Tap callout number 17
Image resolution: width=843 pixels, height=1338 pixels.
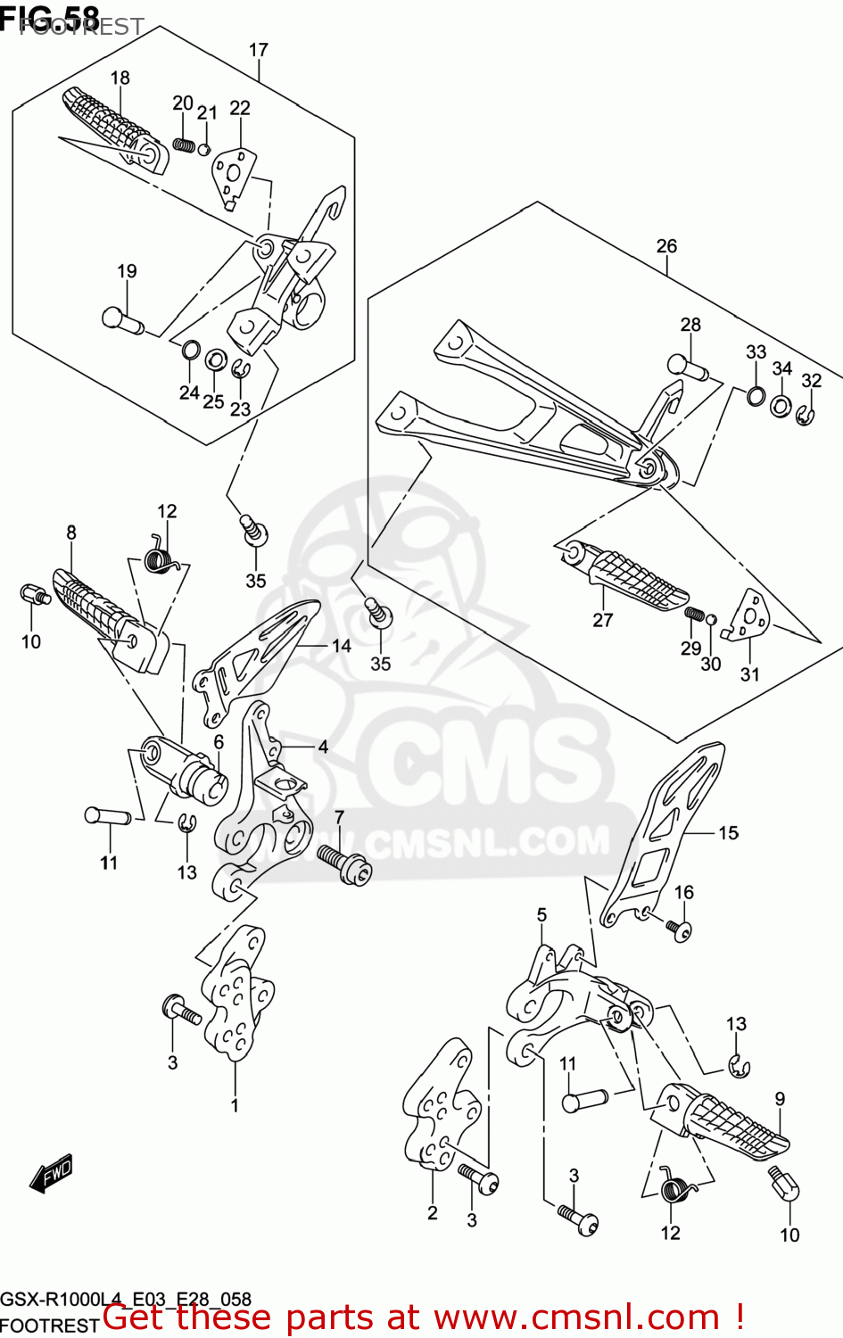[258, 50]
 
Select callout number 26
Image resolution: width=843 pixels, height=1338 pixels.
[666, 245]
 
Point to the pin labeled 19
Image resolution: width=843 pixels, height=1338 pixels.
[123, 319]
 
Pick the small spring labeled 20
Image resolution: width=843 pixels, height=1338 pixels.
[184, 144]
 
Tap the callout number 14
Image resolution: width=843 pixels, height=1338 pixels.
[341, 646]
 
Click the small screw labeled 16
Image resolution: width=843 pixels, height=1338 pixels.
[679, 929]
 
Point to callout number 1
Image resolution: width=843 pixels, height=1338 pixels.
[235, 1105]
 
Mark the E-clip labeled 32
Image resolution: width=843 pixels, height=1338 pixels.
[805, 415]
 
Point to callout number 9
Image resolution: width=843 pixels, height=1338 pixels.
[780, 1099]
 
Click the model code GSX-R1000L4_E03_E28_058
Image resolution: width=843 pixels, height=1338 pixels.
[126, 1299]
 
